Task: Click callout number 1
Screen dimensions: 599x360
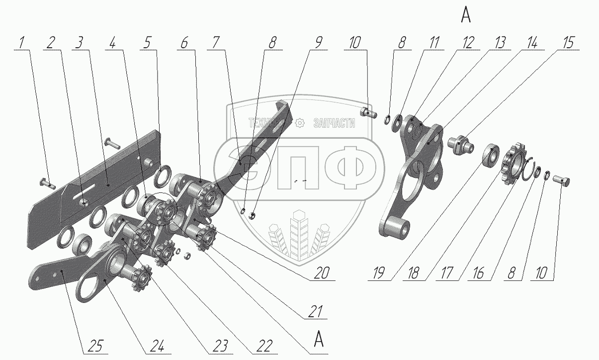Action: click(22, 43)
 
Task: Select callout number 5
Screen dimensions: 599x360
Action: click(147, 43)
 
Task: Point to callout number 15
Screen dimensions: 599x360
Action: click(568, 43)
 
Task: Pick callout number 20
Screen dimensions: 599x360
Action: click(321, 273)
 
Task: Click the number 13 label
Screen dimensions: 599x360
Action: click(500, 43)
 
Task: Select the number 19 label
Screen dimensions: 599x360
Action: click(379, 273)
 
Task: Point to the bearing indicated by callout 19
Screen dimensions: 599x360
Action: click(491, 155)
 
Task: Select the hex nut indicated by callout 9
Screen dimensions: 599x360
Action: click(252, 215)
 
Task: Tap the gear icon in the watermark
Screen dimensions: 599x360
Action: click(300, 123)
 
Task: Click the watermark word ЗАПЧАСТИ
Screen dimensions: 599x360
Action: click(334, 123)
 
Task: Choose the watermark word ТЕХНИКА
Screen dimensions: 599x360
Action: click(267, 123)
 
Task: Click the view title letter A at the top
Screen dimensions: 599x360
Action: click(466, 15)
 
